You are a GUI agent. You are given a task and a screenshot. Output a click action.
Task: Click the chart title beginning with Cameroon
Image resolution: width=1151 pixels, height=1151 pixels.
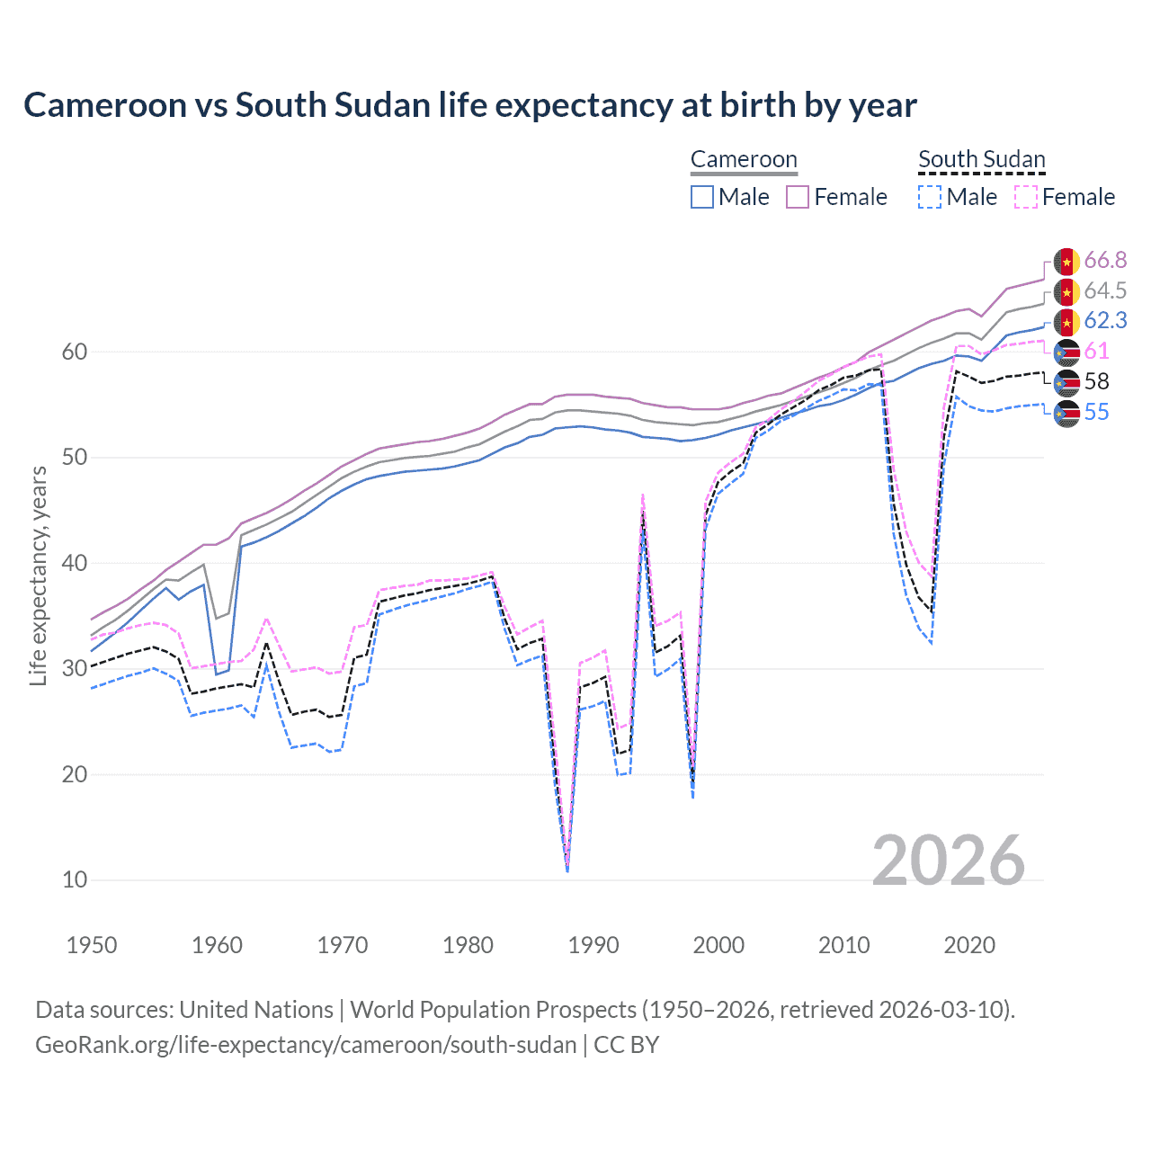(469, 105)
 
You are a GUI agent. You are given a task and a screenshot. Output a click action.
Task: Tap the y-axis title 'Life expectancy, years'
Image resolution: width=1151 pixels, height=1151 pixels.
(39, 575)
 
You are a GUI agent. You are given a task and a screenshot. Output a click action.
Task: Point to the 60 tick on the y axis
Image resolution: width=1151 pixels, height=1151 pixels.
(75, 352)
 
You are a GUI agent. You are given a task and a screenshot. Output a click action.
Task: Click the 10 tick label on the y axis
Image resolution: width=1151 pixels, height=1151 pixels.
(75, 879)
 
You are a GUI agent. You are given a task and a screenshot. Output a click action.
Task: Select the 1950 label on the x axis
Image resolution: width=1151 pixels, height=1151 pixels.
(92, 945)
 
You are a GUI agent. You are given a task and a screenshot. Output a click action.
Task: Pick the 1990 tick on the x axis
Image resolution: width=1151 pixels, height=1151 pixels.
(593, 945)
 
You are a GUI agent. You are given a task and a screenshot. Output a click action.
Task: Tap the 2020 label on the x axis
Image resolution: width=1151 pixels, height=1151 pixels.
(969, 945)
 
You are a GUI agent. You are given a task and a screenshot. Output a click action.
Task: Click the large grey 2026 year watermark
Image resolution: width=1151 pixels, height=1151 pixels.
(949, 861)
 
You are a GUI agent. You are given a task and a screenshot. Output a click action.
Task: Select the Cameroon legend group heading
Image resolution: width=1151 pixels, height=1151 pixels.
(744, 160)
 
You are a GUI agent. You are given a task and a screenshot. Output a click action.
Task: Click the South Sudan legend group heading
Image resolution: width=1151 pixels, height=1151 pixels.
(981, 160)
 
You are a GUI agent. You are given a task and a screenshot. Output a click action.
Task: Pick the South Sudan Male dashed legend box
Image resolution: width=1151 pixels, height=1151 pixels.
(930, 197)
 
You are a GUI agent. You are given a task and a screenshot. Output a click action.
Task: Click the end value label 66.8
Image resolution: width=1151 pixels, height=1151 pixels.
(1105, 261)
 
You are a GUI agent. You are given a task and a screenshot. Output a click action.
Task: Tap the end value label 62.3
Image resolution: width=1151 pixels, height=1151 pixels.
(1105, 321)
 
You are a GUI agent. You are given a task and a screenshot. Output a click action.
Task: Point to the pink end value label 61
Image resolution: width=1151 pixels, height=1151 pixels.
(1096, 352)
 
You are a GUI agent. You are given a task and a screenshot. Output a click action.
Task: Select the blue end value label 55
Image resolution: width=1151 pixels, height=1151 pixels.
(1096, 413)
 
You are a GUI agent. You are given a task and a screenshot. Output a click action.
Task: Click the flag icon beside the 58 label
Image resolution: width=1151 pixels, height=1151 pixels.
(1066, 382)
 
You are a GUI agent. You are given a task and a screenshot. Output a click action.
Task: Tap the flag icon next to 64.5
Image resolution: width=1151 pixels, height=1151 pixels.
(1066, 291)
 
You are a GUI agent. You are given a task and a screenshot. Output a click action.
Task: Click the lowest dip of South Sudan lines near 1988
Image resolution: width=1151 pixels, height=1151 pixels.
(567, 869)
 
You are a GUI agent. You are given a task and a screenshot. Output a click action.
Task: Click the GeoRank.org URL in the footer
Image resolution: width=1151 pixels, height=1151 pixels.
(306, 1045)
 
